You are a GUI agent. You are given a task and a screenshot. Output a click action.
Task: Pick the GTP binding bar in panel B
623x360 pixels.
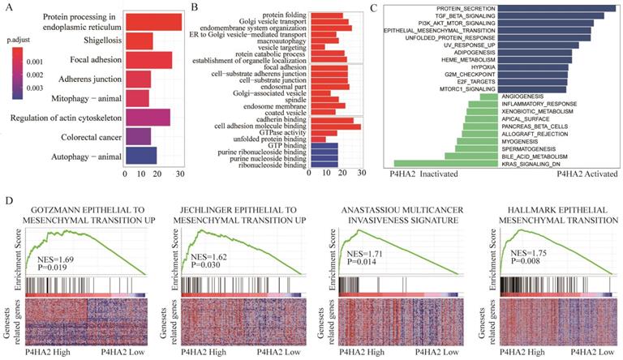[324, 146]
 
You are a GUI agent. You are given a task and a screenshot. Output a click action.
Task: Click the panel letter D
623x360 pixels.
[8, 199]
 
